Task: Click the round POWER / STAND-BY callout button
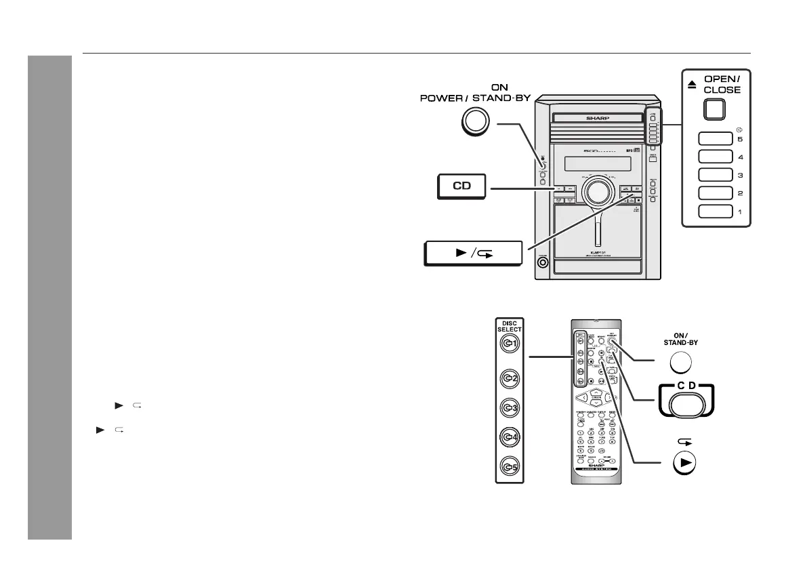click(475, 123)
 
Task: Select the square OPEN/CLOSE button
click(714, 110)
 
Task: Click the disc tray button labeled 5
click(714, 139)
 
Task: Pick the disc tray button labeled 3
click(714, 175)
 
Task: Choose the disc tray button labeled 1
click(714, 211)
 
